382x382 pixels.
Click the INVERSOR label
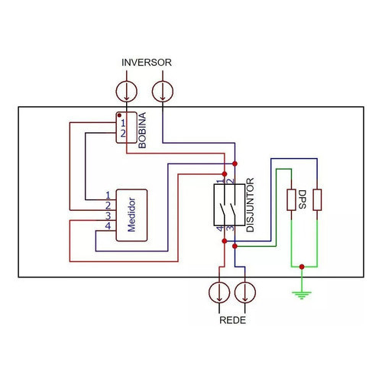click(147, 63)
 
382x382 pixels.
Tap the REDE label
click(232, 320)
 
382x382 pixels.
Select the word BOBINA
click(142, 131)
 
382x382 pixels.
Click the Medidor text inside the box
click(131, 215)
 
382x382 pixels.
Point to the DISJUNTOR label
click(251, 205)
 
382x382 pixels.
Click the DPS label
click(302, 199)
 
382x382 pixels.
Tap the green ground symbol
click(302, 296)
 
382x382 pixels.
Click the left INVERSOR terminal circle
click(127, 92)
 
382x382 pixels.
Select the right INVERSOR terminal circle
click(163, 92)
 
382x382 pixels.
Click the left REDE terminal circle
click(219, 293)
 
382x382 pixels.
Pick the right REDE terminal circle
click(245, 293)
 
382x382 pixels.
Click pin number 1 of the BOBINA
click(123, 123)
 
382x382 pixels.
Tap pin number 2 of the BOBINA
click(123, 134)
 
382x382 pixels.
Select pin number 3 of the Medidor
click(108, 216)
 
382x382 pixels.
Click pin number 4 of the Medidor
click(108, 226)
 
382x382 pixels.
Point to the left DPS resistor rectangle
click(291, 200)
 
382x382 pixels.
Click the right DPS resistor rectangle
click(317, 200)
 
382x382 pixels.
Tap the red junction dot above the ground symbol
click(302, 267)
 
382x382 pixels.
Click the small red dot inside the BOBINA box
click(119, 115)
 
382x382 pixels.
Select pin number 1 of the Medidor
click(108, 196)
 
